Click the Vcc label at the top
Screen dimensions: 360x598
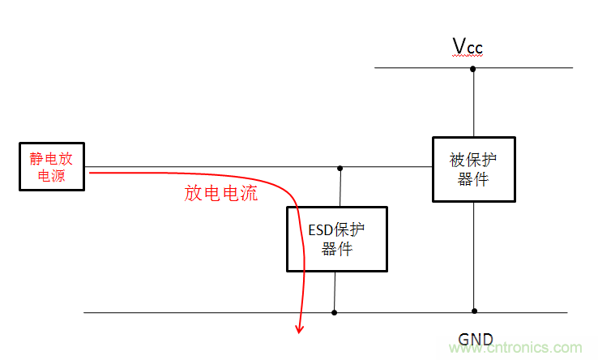click(x=468, y=47)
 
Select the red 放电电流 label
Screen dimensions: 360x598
click(x=221, y=193)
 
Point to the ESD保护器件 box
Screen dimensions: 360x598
click(x=336, y=239)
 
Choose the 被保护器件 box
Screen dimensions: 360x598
click(x=472, y=169)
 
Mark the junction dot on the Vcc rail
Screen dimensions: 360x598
click(x=473, y=69)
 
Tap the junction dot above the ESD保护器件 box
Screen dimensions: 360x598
click(x=340, y=168)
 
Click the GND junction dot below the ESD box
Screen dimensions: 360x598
click(x=334, y=311)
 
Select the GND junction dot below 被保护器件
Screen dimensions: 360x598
click(x=474, y=311)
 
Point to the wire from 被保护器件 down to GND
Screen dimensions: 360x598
click(x=474, y=255)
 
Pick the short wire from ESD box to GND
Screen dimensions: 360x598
click(x=334, y=291)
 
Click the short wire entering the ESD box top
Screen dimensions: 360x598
click(x=340, y=187)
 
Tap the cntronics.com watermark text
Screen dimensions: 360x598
click(x=535, y=347)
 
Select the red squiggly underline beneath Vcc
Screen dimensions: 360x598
click(x=468, y=57)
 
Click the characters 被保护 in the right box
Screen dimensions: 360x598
click(x=472, y=160)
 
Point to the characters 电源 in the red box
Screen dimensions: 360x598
click(x=52, y=176)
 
